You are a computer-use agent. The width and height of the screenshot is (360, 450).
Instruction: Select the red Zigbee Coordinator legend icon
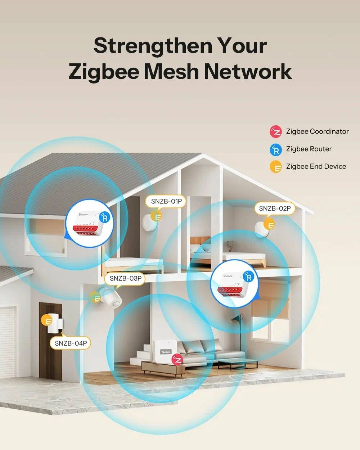(276, 132)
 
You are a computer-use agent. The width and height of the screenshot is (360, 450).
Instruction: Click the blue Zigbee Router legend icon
(276, 149)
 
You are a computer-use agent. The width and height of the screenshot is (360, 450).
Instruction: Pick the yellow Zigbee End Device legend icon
(276, 167)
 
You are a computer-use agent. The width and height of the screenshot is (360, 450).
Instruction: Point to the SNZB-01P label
(166, 201)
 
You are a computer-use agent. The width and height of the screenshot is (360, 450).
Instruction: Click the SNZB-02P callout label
(275, 208)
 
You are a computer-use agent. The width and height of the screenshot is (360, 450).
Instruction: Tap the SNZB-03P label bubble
(125, 278)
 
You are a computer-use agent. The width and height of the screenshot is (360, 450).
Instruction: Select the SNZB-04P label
(71, 343)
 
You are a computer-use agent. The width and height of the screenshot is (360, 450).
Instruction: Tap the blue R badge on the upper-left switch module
(105, 217)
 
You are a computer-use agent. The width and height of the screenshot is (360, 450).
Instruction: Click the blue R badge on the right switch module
(248, 276)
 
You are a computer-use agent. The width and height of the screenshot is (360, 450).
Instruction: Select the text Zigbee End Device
(316, 167)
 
